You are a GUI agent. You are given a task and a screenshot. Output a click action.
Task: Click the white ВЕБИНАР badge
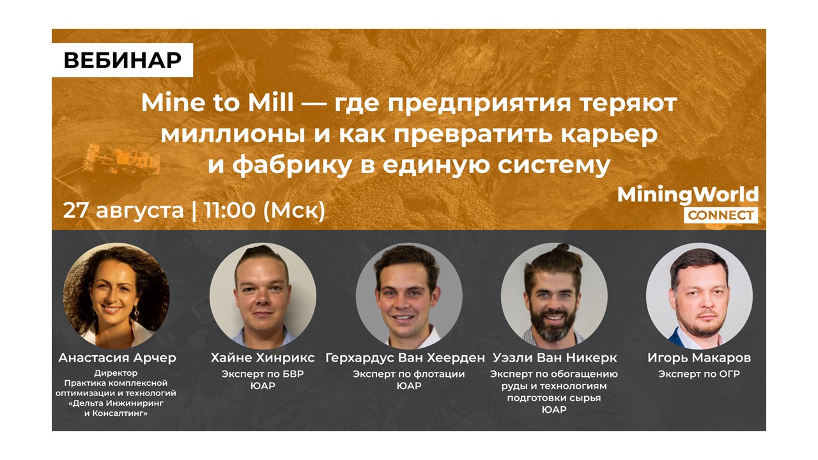122,60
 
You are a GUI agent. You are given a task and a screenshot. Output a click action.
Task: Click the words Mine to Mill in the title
217,103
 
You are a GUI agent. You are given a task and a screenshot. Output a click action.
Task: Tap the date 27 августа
123,211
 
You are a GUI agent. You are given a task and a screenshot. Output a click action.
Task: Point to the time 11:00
229,210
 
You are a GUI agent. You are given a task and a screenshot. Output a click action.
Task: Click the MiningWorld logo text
688,195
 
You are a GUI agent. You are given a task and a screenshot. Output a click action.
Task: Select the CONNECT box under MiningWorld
721,215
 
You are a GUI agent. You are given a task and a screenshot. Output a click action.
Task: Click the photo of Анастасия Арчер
116,296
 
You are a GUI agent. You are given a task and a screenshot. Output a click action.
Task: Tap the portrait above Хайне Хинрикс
263,296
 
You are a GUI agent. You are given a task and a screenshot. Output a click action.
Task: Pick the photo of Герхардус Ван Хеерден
409,296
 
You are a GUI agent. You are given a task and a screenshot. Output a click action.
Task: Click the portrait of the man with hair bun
554,296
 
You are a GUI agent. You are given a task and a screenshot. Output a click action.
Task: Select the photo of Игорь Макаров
699,296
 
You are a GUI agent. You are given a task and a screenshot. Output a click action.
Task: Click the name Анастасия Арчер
117,358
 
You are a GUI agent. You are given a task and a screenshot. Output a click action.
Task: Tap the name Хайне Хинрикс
263,358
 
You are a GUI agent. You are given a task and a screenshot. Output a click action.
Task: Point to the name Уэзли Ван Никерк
555,358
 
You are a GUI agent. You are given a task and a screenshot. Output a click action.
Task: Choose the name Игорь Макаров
699,358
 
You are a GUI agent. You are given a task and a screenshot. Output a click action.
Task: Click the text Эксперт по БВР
263,374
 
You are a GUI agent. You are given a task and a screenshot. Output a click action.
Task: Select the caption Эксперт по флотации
408,374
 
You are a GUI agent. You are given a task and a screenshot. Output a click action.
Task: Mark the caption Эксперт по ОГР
699,374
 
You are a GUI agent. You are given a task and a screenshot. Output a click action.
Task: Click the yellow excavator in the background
121,159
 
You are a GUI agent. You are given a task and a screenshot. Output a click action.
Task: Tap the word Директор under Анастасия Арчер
116,373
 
